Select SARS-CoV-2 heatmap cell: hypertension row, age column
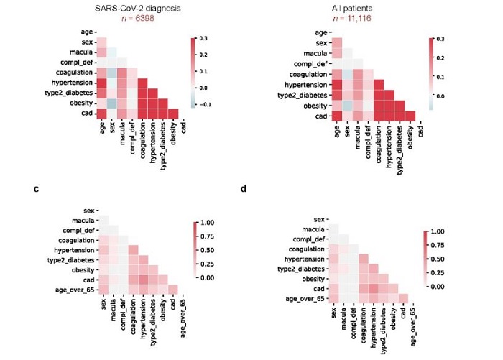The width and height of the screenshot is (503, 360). click(x=101, y=83)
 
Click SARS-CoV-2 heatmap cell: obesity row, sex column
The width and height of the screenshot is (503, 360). click(x=111, y=103)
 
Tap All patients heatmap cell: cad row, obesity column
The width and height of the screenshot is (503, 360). click(x=410, y=116)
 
